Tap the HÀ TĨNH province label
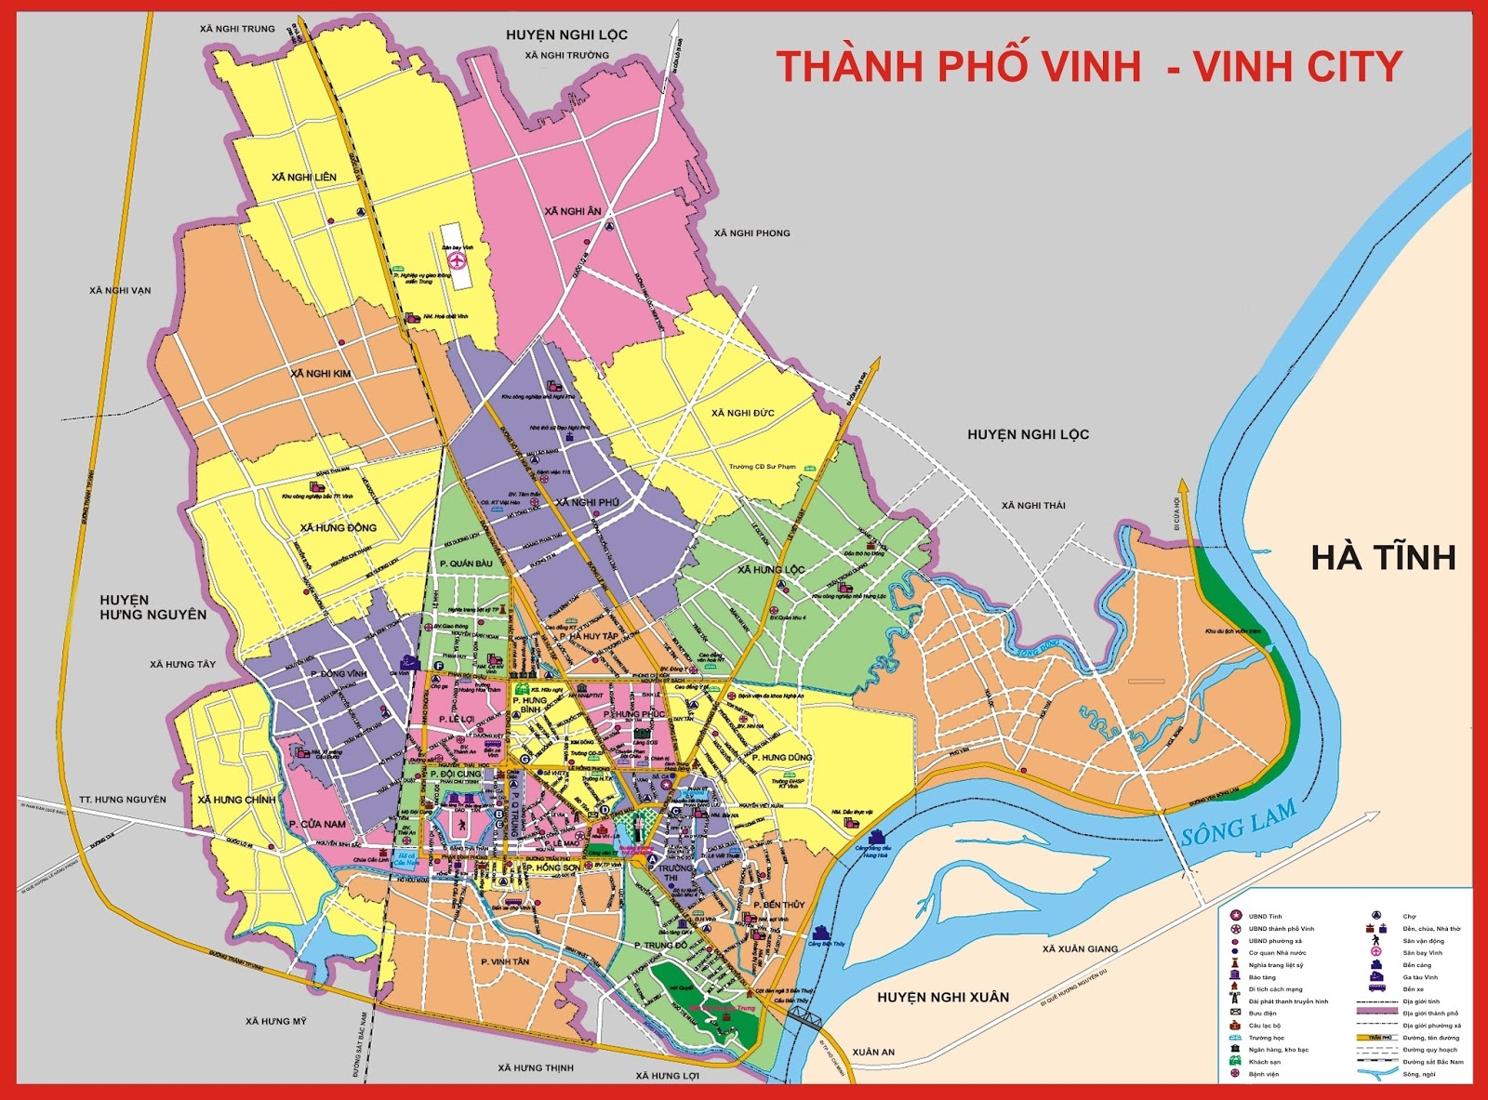(1383, 557)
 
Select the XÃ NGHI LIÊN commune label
(304, 177)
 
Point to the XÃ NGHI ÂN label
(573, 211)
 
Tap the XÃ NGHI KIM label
(321, 373)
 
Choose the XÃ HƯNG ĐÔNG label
(339, 527)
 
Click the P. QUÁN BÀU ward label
(465, 563)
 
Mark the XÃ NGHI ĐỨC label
(742, 413)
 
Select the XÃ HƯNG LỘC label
(771, 569)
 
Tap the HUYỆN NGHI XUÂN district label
(943, 997)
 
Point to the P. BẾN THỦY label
(778, 905)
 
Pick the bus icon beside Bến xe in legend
(1376, 988)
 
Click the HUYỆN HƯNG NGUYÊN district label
(153, 607)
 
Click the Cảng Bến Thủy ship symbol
(820, 933)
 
